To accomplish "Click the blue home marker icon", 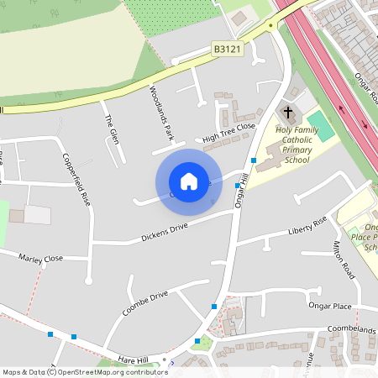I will pos(188,181).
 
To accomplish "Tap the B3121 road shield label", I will pos(227,50).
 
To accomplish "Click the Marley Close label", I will pos(40,259).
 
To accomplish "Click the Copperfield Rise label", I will pos(75,179).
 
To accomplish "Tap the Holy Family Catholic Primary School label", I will pos(297,144).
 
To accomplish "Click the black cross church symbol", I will pos(288,112).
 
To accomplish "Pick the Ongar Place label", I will pos(329,307).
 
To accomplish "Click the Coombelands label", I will pos(351,330).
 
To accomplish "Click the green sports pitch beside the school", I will pos(320,127).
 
